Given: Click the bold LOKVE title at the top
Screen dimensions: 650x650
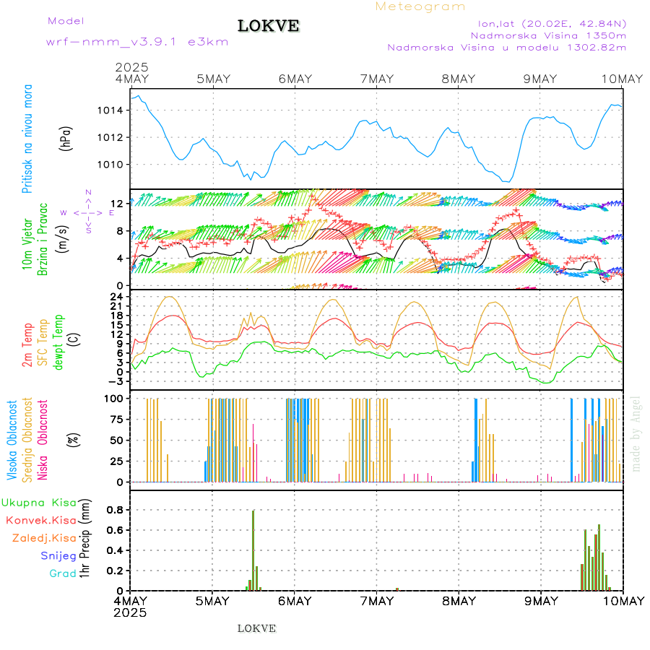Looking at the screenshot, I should tap(268, 26).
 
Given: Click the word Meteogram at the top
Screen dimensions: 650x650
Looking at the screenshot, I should tap(420, 6).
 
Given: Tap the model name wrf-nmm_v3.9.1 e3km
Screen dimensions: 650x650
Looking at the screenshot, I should tap(137, 41).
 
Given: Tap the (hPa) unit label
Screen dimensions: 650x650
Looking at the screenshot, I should tap(66, 138).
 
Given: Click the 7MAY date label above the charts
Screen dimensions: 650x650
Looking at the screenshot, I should tap(376, 79).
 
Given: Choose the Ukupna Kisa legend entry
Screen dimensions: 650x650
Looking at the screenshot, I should tap(39, 502).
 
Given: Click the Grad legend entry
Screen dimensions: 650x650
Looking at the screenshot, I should tap(63, 573).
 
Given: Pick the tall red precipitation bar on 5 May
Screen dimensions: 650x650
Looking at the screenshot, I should tap(253, 549).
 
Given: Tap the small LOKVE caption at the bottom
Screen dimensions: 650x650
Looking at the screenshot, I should tap(256, 628).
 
